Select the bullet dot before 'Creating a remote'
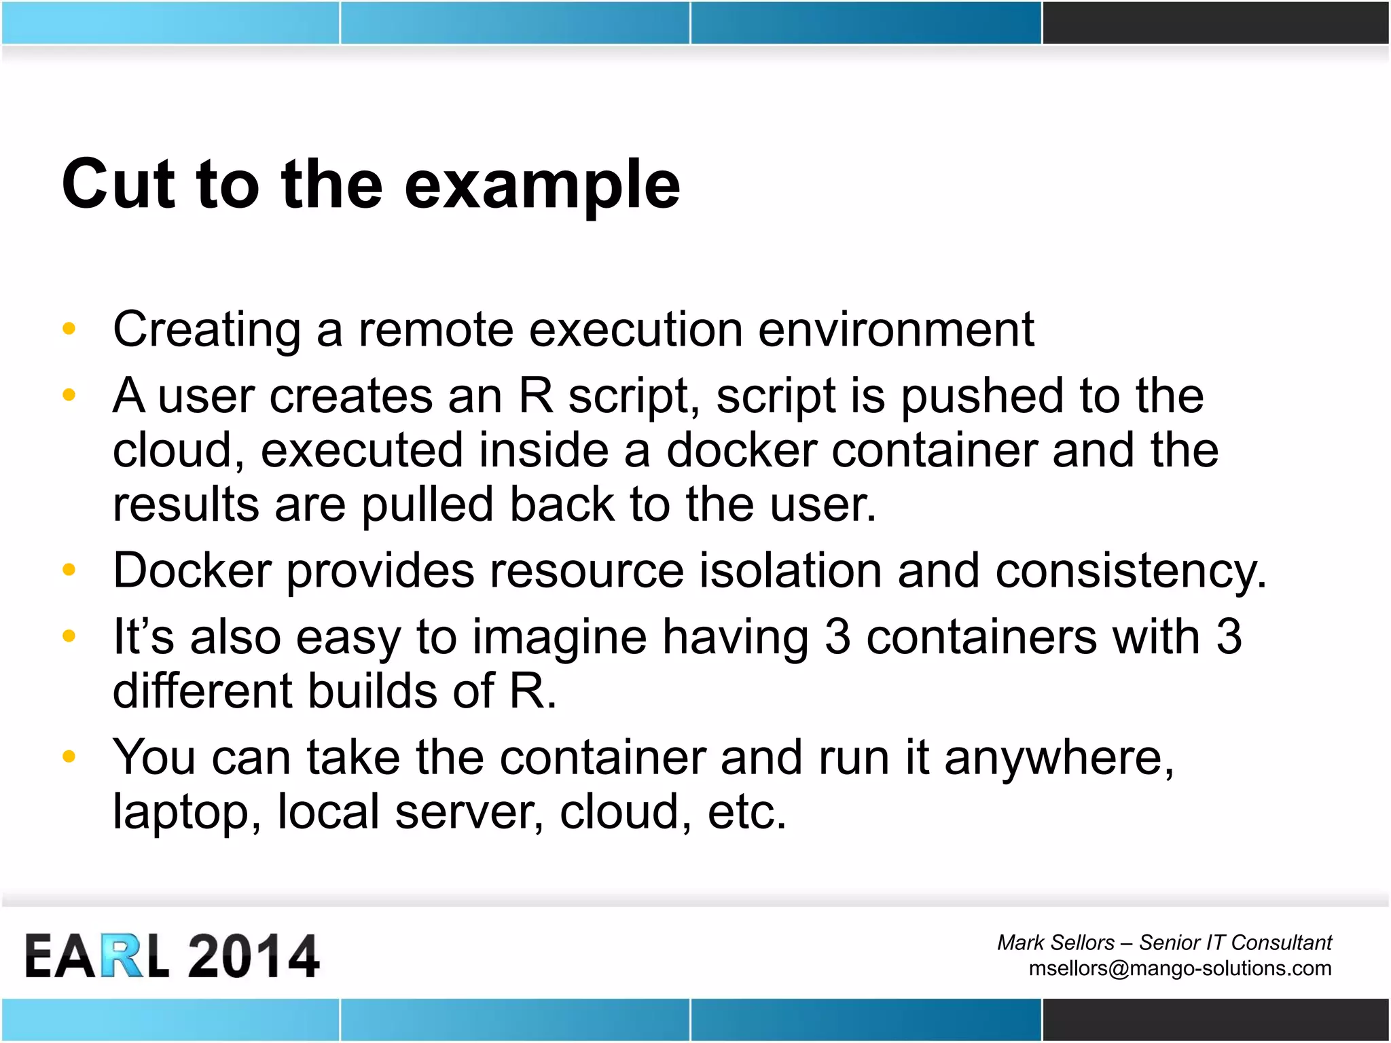pos(69,329)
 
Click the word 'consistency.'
pos(1130,572)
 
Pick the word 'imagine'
pos(559,638)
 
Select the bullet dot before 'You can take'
pos(69,756)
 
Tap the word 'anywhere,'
pos(1059,758)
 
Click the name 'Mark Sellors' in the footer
pos(1055,943)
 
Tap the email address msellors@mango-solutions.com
pos(1179,968)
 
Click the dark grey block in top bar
pos(1215,22)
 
